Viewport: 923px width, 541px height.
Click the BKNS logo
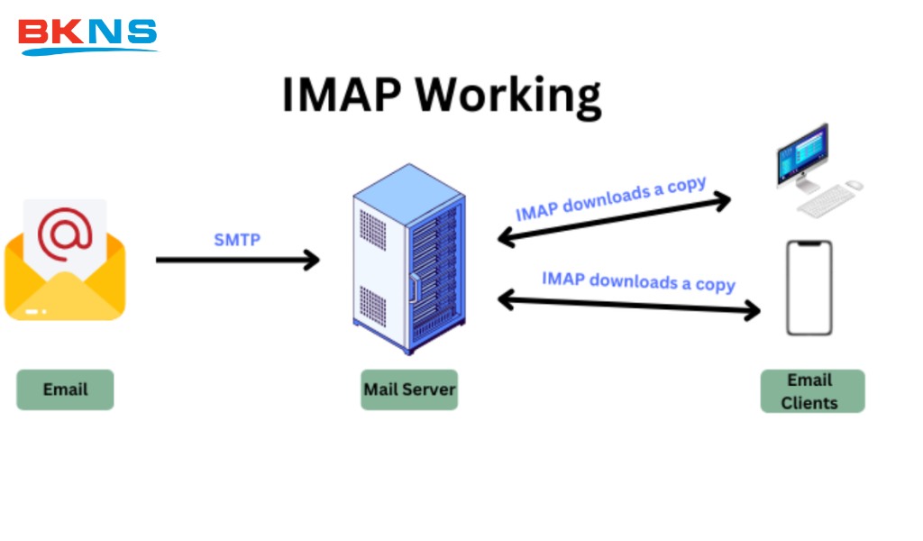tap(87, 34)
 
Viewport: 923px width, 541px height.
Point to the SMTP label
tap(236, 240)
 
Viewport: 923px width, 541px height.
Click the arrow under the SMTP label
tap(238, 261)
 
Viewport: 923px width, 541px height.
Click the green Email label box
tap(66, 390)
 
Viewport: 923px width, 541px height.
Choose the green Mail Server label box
tap(409, 390)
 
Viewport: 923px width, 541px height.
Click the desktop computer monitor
tap(802, 155)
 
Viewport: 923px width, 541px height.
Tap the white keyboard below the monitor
tap(823, 202)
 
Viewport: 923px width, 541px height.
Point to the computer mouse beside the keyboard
tap(854, 185)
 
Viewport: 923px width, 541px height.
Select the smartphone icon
tap(809, 288)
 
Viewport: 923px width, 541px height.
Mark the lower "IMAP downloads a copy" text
tap(638, 280)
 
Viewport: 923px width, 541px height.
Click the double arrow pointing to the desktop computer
tap(614, 220)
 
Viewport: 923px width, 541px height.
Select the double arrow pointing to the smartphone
tap(629, 305)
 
